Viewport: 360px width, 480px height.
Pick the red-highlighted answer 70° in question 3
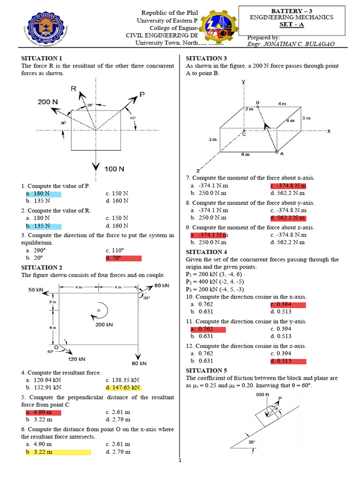coord(114,258)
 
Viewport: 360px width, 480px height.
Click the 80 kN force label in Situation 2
coord(162,285)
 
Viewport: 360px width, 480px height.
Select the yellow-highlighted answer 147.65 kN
coord(123,388)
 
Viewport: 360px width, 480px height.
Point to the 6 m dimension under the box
coord(245,154)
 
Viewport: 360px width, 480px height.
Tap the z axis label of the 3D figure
coord(198,170)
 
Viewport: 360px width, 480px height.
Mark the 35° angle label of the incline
coord(252,441)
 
